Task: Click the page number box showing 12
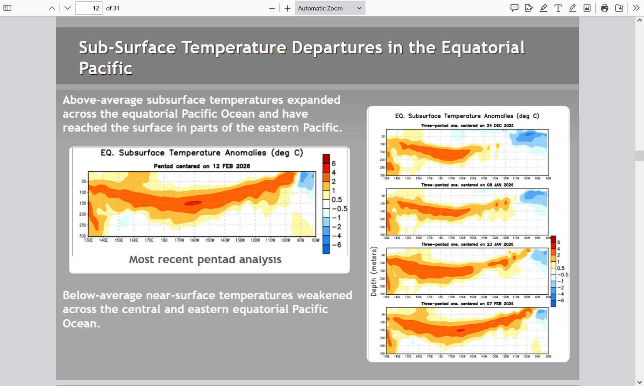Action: point(89,8)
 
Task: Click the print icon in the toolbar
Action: point(604,8)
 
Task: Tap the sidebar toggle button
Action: point(7,8)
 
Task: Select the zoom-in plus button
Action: point(287,8)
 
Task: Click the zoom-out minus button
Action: point(272,8)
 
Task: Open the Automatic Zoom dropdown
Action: point(330,8)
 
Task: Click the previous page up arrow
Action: point(52,8)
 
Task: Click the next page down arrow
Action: point(67,8)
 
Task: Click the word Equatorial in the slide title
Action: point(483,48)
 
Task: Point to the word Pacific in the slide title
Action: point(106,69)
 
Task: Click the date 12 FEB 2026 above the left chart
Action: point(231,166)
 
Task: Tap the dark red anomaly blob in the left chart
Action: point(193,203)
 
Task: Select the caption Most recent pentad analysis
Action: point(205,260)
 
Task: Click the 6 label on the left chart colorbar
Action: point(334,164)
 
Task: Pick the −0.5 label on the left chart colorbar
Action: point(339,209)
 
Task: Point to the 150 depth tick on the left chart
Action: point(83,203)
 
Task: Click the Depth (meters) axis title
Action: point(374,271)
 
